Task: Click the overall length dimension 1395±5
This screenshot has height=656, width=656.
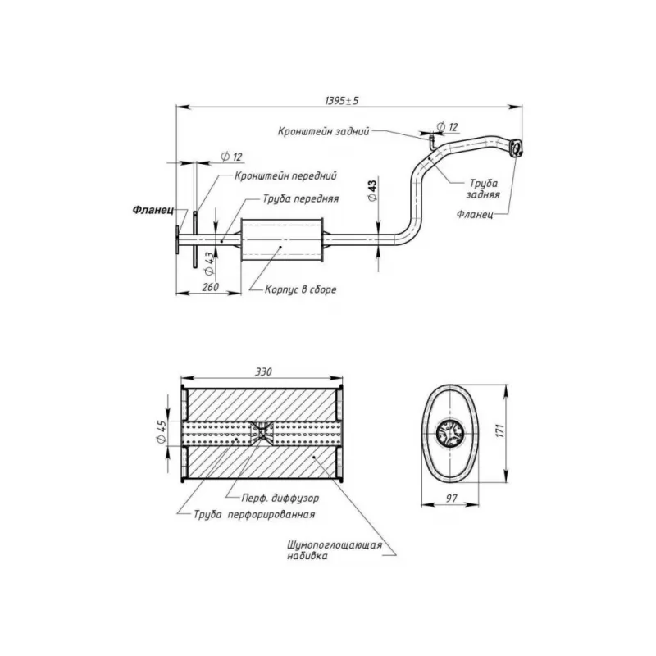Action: tap(341, 100)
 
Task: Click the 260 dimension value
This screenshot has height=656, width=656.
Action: tap(211, 287)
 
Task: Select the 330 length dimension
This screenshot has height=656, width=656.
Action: tap(263, 371)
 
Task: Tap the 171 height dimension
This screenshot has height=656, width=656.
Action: tap(500, 430)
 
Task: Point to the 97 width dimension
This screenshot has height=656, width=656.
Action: tap(452, 499)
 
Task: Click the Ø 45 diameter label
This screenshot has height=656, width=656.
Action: tap(162, 433)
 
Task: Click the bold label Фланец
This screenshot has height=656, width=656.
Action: tap(153, 210)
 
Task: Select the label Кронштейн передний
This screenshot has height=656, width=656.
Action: tap(285, 175)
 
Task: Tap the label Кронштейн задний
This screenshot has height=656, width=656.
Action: tap(324, 131)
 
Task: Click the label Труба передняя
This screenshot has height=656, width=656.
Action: tap(301, 198)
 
